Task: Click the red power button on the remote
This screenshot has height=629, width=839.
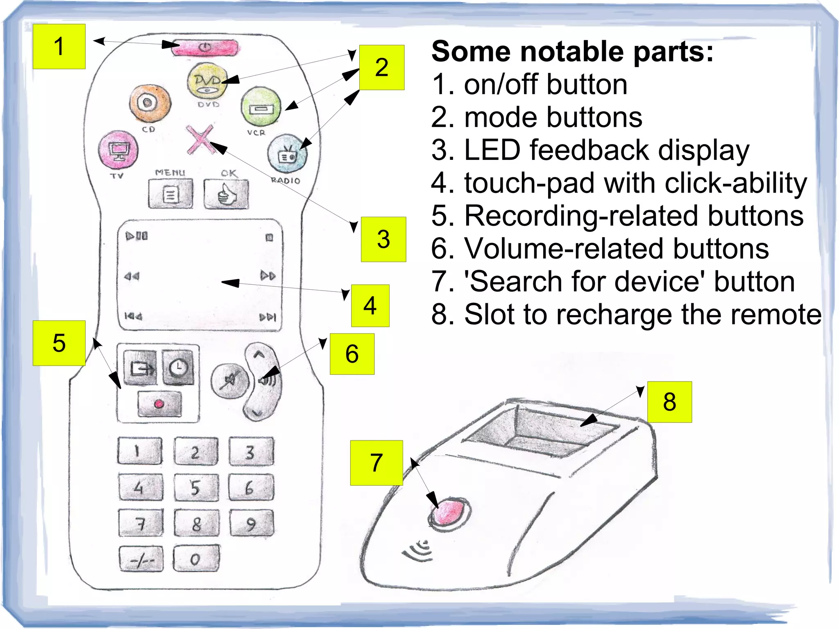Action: point(205,48)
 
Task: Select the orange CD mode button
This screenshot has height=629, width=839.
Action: point(149,103)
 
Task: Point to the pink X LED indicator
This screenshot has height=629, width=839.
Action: point(200,139)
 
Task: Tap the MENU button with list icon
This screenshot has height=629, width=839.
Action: point(170,194)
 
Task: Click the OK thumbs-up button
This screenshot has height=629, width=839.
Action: point(226,194)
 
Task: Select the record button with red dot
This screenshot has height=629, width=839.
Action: point(159,404)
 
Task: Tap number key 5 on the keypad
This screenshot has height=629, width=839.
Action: point(196,488)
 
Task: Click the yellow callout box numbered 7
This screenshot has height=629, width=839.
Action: point(376,463)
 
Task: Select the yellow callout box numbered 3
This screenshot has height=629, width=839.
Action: point(383,239)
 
